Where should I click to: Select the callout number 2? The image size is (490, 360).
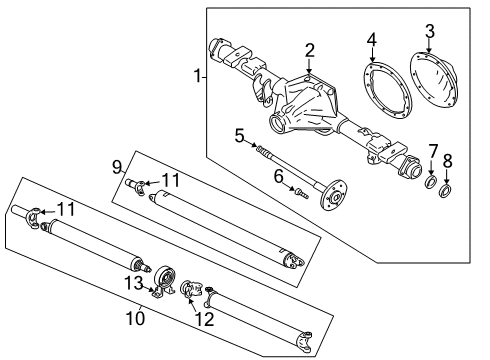[x=310, y=50]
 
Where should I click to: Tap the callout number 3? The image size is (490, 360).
[x=428, y=30]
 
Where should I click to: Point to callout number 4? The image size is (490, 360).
[x=371, y=41]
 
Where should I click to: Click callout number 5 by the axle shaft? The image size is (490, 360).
[x=239, y=135]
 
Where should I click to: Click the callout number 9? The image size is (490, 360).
[x=117, y=165]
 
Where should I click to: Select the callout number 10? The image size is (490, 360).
[x=135, y=318]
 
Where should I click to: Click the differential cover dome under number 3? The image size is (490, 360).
[x=436, y=73]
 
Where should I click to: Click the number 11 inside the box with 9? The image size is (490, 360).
[x=171, y=180]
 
